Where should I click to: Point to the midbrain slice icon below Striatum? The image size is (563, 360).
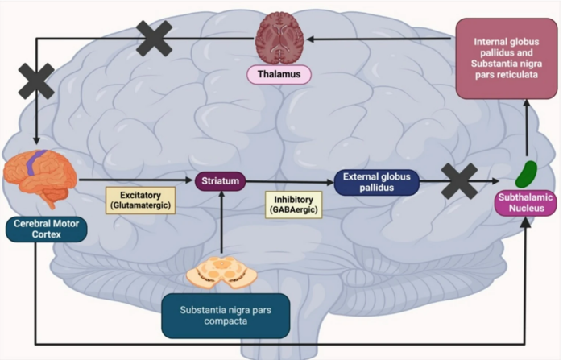click(x=221, y=275)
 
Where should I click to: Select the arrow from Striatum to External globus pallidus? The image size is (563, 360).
click(x=290, y=181)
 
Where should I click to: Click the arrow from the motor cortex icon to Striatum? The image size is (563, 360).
click(x=137, y=181)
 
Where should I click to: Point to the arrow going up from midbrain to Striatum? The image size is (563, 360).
click(x=221, y=226)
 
